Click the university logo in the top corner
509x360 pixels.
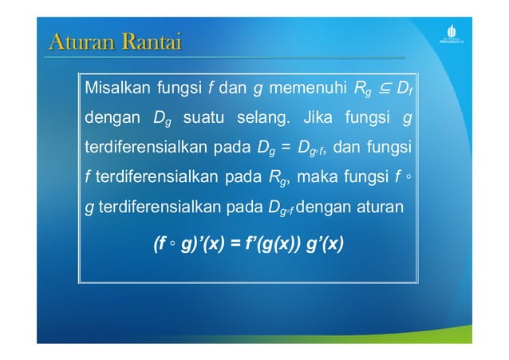[x=452, y=34]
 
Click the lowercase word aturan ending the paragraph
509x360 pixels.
[x=376, y=208]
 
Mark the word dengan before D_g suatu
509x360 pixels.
[x=112, y=119]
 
